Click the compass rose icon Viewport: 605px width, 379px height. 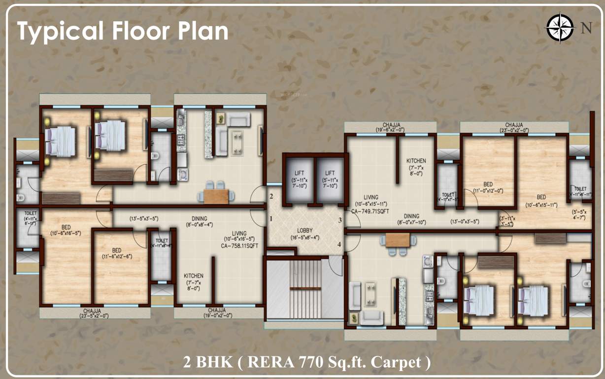[x=560, y=27]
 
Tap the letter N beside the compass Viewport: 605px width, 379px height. [x=586, y=28]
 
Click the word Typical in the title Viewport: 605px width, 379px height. [x=59, y=31]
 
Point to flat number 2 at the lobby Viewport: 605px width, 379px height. [x=271, y=196]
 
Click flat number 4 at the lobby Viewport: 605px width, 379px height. [x=339, y=244]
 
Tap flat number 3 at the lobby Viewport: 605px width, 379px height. [x=339, y=220]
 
